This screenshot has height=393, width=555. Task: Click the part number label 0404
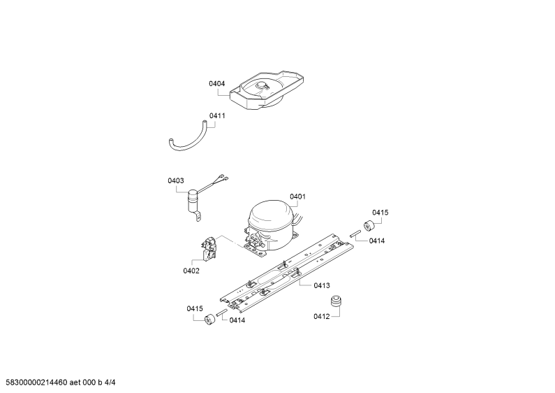[x=216, y=84]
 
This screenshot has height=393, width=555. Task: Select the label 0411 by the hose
[x=217, y=115]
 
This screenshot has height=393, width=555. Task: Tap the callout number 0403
[x=175, y=181]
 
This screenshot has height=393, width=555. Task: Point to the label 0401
[x=297, y=196]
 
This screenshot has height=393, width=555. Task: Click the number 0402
[x=191, y=271]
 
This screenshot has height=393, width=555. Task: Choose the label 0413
[x=322, y=285]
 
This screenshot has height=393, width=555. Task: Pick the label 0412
[x=321, y=316]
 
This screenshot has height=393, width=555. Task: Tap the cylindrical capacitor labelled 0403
[x=193, y=201]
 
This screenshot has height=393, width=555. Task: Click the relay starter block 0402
[x=209, y=248]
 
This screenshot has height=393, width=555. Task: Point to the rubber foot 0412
[x=336, y=301]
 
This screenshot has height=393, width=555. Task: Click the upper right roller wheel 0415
[x=369, y=224]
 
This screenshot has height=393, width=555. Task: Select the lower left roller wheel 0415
[x=210, y=318]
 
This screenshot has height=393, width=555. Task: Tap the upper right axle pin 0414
[x=355, y=234]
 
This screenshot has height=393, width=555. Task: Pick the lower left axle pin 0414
[x=221, y=313]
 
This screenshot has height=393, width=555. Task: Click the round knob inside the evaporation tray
[x=262, y=85]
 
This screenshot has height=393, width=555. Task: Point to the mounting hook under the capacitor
[x=197, y=215]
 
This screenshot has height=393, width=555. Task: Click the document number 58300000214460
[x=34, y=383]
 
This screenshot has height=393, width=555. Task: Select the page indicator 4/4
[x=110, y=383]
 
